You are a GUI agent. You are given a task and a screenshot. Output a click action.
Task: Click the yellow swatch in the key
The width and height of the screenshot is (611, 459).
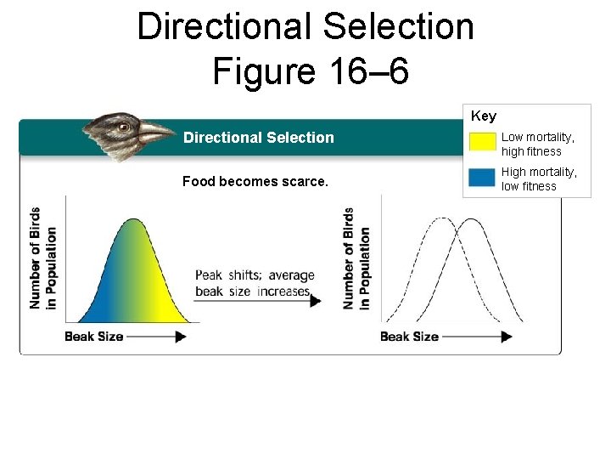(x=482, y=142)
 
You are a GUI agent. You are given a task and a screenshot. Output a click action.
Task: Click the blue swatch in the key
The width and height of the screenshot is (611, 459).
(x=482, y=178)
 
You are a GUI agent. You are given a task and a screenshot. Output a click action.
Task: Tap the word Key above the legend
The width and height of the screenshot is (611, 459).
(x=484, y=116)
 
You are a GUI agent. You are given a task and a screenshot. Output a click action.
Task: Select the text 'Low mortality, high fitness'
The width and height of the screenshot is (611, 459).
(x=537, y=144)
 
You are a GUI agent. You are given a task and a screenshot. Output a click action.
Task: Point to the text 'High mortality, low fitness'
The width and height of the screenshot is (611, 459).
(x=539, y=179)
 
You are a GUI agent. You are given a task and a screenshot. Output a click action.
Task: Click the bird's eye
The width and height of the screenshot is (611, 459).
(x=124, y=127)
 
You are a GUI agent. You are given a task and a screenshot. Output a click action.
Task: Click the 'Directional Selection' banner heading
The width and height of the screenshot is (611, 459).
(x=259, y=138)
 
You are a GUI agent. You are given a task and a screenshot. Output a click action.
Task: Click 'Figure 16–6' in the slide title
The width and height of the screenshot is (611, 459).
(x=311, y=71)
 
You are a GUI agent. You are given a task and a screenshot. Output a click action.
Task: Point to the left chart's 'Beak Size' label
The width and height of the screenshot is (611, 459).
(x=94, y=337)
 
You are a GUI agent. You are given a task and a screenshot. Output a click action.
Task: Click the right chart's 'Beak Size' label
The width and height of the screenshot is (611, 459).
(x=409, y=337)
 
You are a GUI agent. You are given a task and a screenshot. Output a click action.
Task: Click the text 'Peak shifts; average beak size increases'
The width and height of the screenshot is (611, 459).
(x=255, y=283)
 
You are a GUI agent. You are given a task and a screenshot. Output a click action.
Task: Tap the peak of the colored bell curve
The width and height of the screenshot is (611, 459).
(x=134, y=220)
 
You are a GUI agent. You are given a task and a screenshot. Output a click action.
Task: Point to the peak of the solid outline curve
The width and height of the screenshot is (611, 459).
(x=470, y=219)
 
